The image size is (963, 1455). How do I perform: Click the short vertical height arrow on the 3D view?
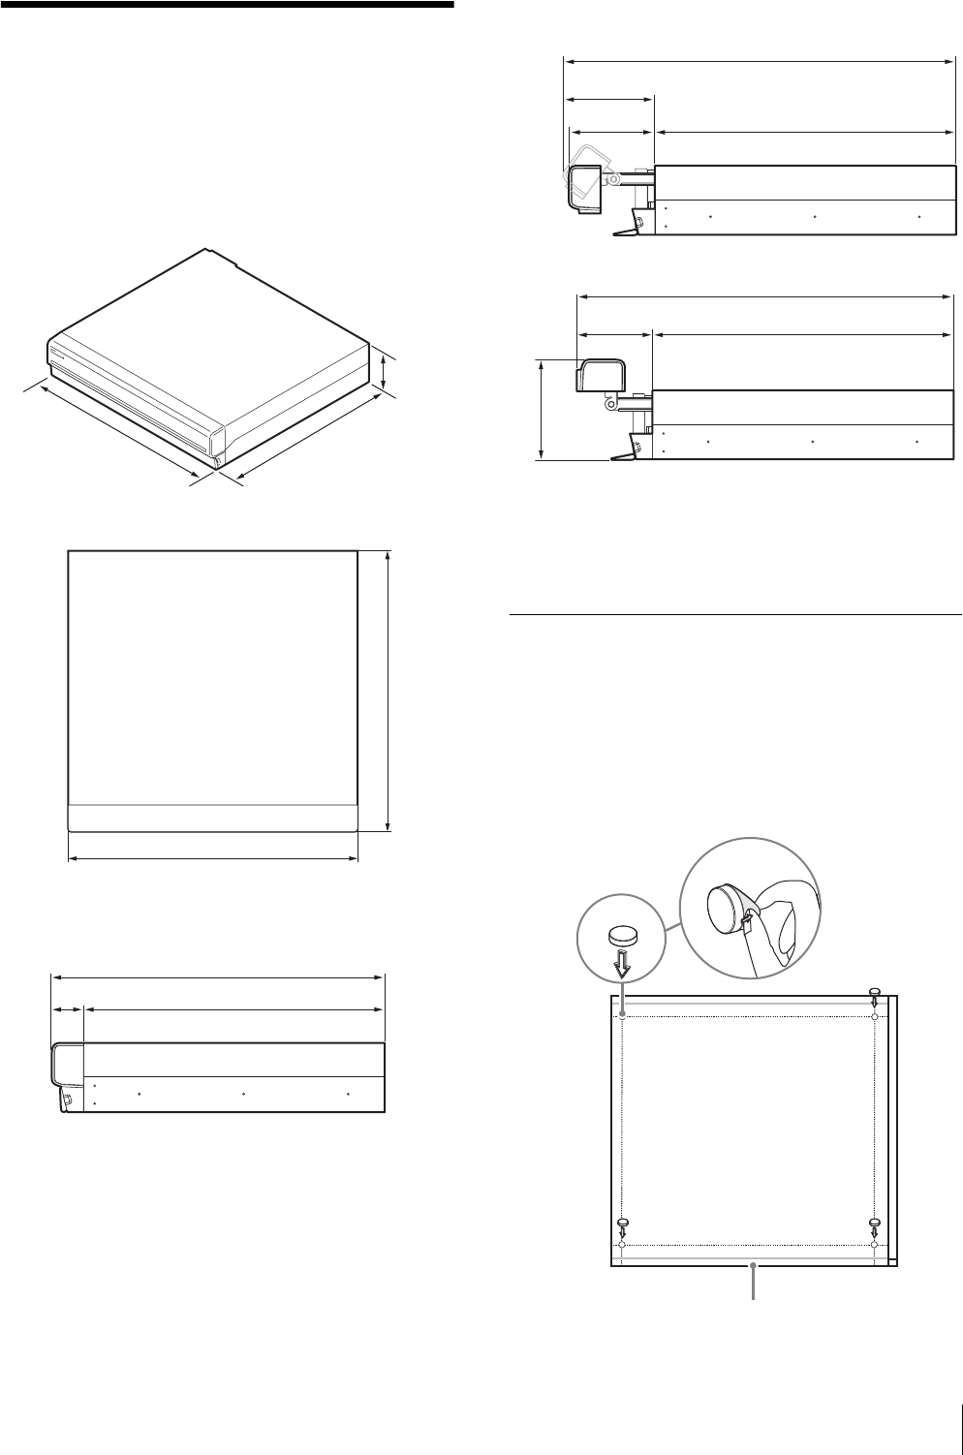[386, 374]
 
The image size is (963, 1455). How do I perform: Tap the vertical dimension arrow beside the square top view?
[388, 691]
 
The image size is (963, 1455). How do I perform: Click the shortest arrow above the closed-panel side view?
[68, 1009]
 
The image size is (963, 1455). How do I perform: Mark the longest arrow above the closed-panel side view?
[218, 976]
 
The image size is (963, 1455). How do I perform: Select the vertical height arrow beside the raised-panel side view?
[542, 409]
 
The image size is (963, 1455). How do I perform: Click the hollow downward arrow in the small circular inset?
[624, 962]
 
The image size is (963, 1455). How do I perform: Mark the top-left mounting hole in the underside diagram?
[623, 1016]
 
